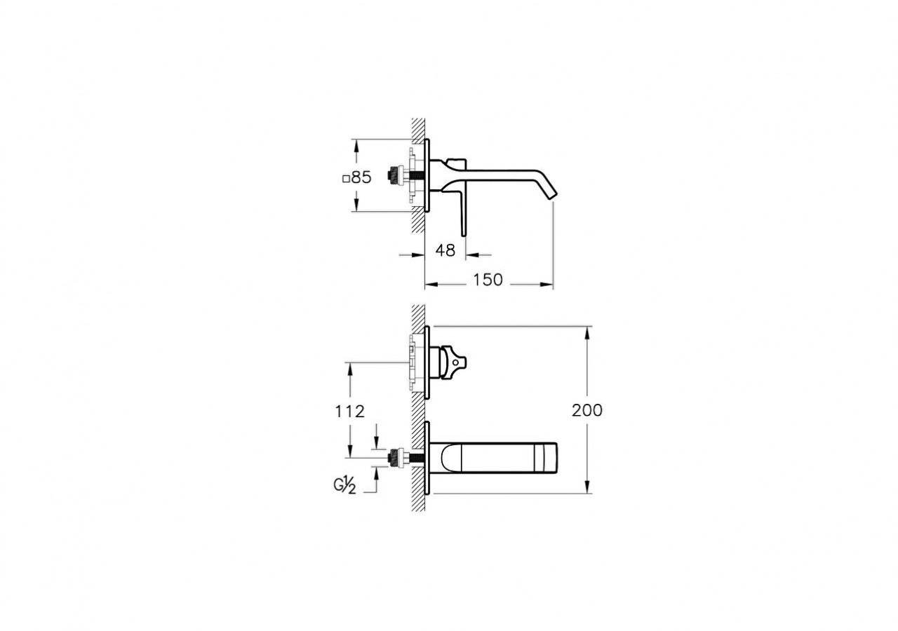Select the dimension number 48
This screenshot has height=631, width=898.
point(445,250)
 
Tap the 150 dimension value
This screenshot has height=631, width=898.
point(488,280)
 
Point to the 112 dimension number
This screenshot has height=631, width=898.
point(350,412)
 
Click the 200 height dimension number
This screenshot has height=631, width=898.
point(587,411)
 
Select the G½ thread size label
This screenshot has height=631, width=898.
point(344,485)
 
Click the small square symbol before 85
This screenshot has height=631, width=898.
point(345,179)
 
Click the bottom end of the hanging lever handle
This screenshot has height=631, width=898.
point(464,233)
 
